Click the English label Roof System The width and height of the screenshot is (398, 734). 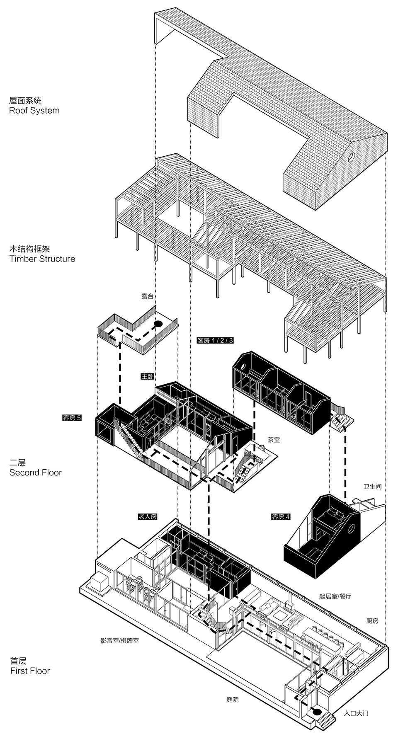tap(34, 111)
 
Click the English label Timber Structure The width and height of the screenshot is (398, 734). tap(42, 259)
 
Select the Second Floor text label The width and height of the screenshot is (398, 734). tap(36, 472)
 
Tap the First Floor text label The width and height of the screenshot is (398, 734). tap(30, 671)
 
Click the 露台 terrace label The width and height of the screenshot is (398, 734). tap(147, 296)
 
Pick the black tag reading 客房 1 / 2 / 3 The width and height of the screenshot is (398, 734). tap(215, 341)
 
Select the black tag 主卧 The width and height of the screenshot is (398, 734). tap(147, 376)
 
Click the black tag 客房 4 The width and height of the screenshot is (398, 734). tap(281, 517)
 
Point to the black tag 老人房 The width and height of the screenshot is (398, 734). tap(148, 517)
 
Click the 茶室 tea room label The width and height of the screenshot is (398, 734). tap(274, 440)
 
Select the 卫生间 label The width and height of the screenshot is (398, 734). tap(372, 487)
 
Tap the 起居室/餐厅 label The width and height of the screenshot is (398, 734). tap(335, 596)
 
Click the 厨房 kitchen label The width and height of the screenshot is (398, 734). tap(372, 621)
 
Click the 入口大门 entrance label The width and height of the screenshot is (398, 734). tap(356, 713)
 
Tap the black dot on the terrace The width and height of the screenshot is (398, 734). tap(158, 325)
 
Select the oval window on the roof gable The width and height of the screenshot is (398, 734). tap(351, 157)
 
